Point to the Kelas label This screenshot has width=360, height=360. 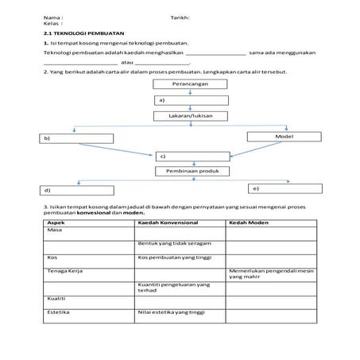52,24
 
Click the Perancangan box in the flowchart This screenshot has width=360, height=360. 191,83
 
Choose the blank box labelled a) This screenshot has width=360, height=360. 191,100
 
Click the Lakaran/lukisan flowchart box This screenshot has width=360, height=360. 191,116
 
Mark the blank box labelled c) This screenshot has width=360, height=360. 192,155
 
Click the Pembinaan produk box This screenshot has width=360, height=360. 191,171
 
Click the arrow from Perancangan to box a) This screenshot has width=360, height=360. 191,91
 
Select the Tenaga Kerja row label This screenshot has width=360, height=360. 64,271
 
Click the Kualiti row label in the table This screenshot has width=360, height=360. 57,300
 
